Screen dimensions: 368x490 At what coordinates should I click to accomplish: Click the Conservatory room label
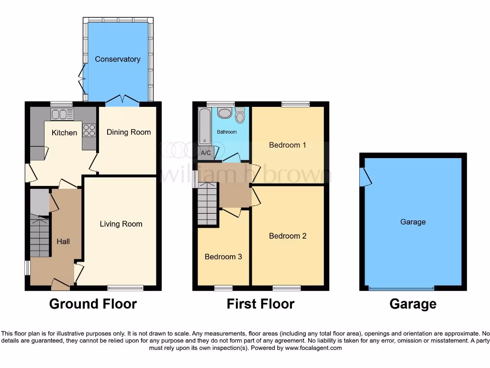click(x=117, y=59)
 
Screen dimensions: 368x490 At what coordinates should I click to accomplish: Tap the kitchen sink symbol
click(x=63, y=115)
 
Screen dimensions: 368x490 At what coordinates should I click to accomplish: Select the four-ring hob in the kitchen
click(x=89, y=130)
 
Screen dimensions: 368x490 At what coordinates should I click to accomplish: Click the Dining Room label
click(x=128, y=132)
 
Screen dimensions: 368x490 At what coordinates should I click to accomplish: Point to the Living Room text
click(x=121, y=224)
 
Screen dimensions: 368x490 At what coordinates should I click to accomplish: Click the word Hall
click(x=63, y=241)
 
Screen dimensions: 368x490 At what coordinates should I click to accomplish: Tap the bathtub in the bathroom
click(x=205, y=126)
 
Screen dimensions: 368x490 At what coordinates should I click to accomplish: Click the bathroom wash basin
click(x=224, y=113)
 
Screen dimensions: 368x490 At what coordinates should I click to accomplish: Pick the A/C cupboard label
click(x=206, y=153)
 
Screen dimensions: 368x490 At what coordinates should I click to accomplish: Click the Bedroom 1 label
click(x=287, y=145)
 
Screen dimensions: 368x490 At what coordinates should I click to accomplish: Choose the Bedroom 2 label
click(x=287, y=236)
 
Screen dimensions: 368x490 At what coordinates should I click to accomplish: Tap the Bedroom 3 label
click(x=223, y=257)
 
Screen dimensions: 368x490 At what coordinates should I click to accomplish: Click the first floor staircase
click(x=208, y=205)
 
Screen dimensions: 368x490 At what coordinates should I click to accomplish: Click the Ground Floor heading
click(x=93, y=304)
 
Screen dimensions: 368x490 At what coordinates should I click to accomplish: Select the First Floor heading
click(x=260, y=304)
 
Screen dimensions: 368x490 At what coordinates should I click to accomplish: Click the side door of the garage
click(x=366, y=177)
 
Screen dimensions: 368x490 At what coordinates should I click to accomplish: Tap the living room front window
click(x=125, y=288)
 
